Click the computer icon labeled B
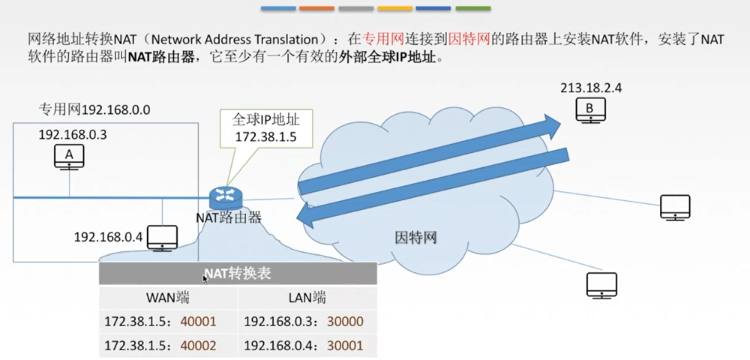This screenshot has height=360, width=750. point(591,110)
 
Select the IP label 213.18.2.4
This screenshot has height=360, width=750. point(591,88)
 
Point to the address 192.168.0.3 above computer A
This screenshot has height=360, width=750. point(73,135)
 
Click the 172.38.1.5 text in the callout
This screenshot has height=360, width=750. point(266,136)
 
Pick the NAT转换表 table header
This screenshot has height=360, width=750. point(238,274)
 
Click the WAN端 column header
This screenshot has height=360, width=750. point(167,298)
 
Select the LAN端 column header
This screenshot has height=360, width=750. point(307,298)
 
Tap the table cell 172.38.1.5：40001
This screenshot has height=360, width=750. point(160,321)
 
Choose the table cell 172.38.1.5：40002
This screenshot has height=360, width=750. point(160,345)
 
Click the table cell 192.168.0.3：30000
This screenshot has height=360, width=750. point(304,321)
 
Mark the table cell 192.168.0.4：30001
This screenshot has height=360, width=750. point(304,345)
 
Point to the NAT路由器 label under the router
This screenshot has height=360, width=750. point(229,217)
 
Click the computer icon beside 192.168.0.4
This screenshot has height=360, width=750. point(162,238)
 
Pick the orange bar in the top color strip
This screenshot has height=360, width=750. point(316,8)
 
